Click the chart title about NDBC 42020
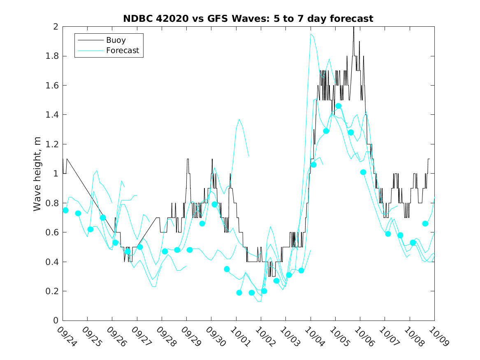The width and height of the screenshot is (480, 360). point(248,19)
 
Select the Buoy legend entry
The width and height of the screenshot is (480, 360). point(116,40)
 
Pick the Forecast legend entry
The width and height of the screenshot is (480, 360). point(122,51)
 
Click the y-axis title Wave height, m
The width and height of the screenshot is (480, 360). point(37,174)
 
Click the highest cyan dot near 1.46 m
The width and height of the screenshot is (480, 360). point(339,106)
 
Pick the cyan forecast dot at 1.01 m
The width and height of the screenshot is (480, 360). point(363,172)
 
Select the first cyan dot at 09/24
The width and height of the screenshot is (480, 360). point(65,210)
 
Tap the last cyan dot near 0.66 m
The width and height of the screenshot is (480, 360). point(425,223)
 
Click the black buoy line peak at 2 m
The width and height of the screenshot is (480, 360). point(353,27)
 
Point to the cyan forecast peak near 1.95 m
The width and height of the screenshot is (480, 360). point(311,34)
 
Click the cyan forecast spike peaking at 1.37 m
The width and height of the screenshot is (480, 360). point(239,119)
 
